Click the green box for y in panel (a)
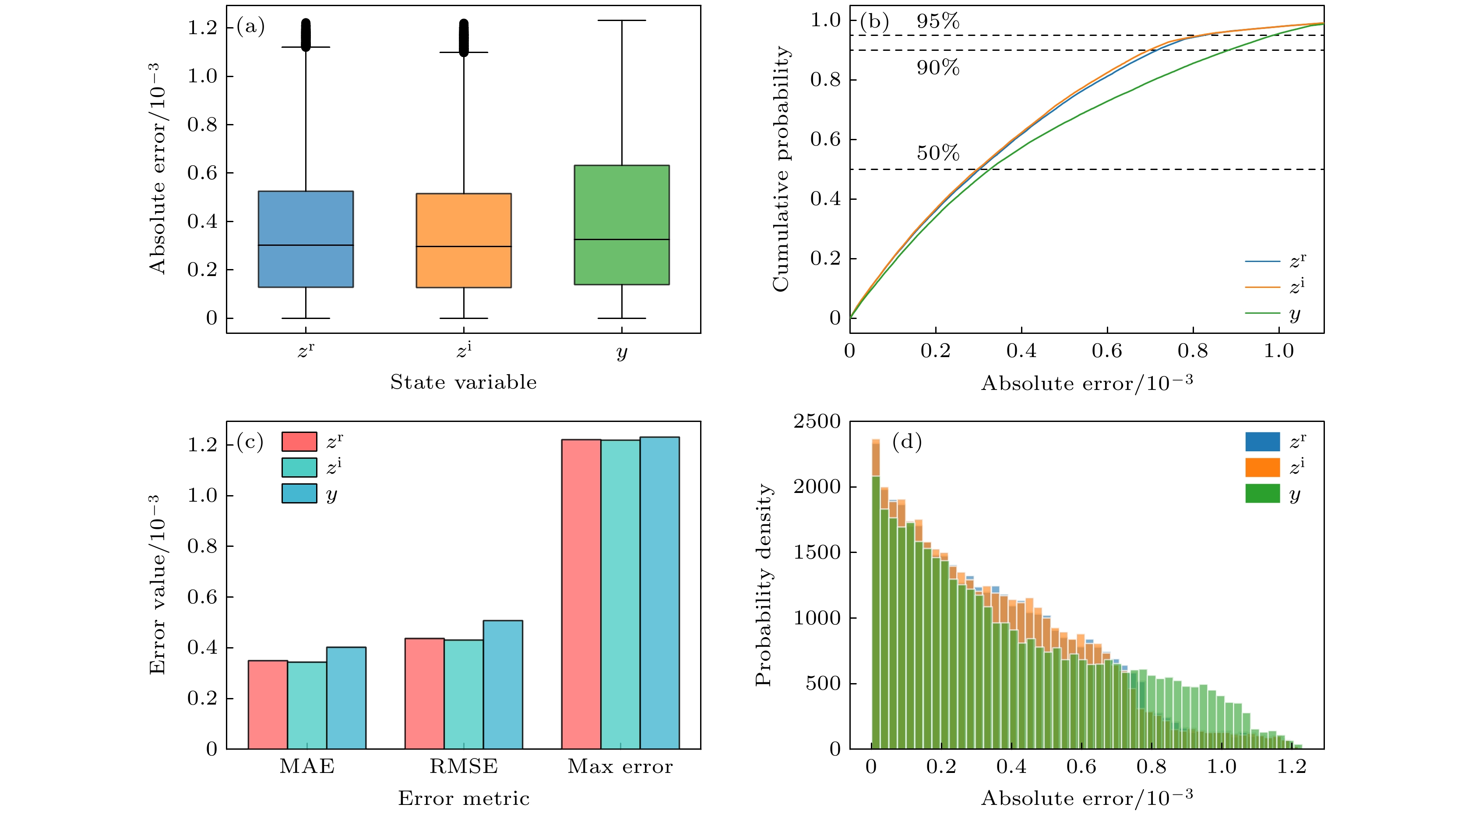coord(622,225)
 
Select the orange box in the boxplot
coord(464,240)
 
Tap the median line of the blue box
coord(306,245)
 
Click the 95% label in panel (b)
coord(938,21)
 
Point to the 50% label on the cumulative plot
coord(938,153)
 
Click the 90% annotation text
coord(938,68)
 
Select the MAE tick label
coord(307,767)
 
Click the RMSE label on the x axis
coord(464,767)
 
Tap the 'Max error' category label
coord(620,767)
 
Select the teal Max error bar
coord(620,594)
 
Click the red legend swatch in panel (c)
coord(299,442)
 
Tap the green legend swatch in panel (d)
coord(1263,493)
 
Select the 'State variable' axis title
coord(464,382)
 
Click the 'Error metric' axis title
coord(464,798)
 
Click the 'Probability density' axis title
coord(764,585)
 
